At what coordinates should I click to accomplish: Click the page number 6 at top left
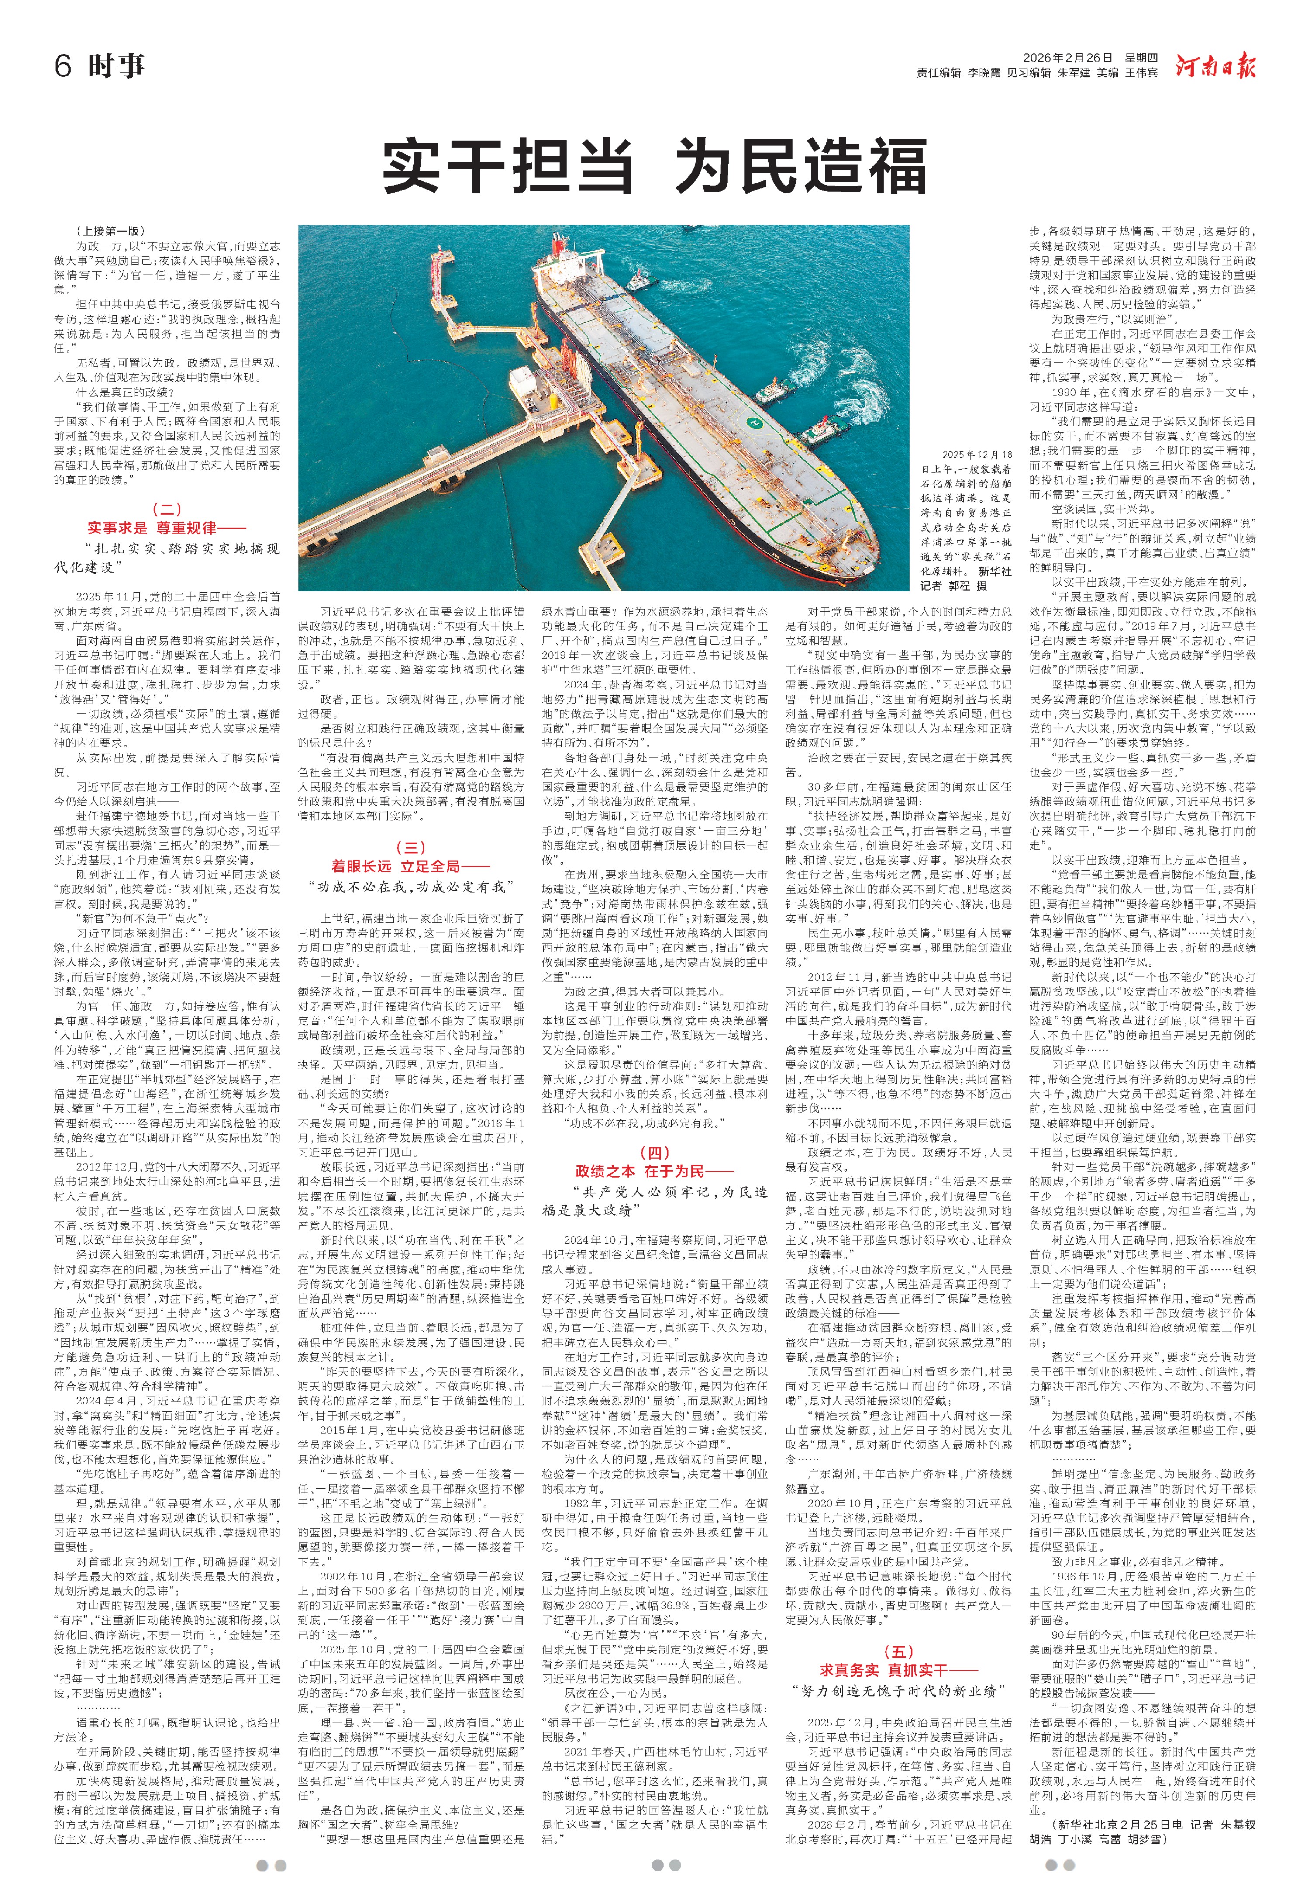(63, 66)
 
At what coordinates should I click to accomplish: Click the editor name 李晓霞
(984, 74)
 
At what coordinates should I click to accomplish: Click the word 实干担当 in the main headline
(508, 167)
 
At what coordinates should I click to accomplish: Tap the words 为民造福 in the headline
(800, 167)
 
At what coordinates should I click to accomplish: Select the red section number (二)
(167, 510)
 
